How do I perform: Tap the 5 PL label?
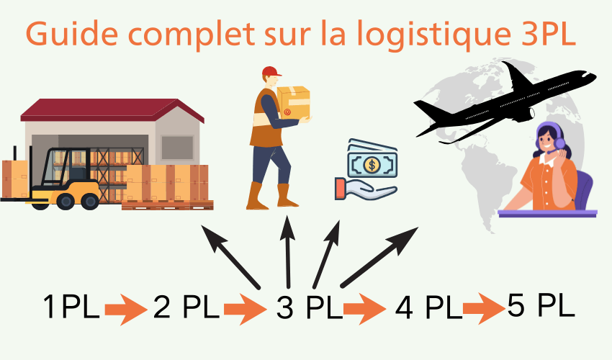tap(541, 305)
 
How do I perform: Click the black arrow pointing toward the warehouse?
tap(230, 256)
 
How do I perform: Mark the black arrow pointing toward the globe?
tap(379, 256)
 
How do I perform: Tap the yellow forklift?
tap(68, 180)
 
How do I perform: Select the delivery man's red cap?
tap(271, 71)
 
